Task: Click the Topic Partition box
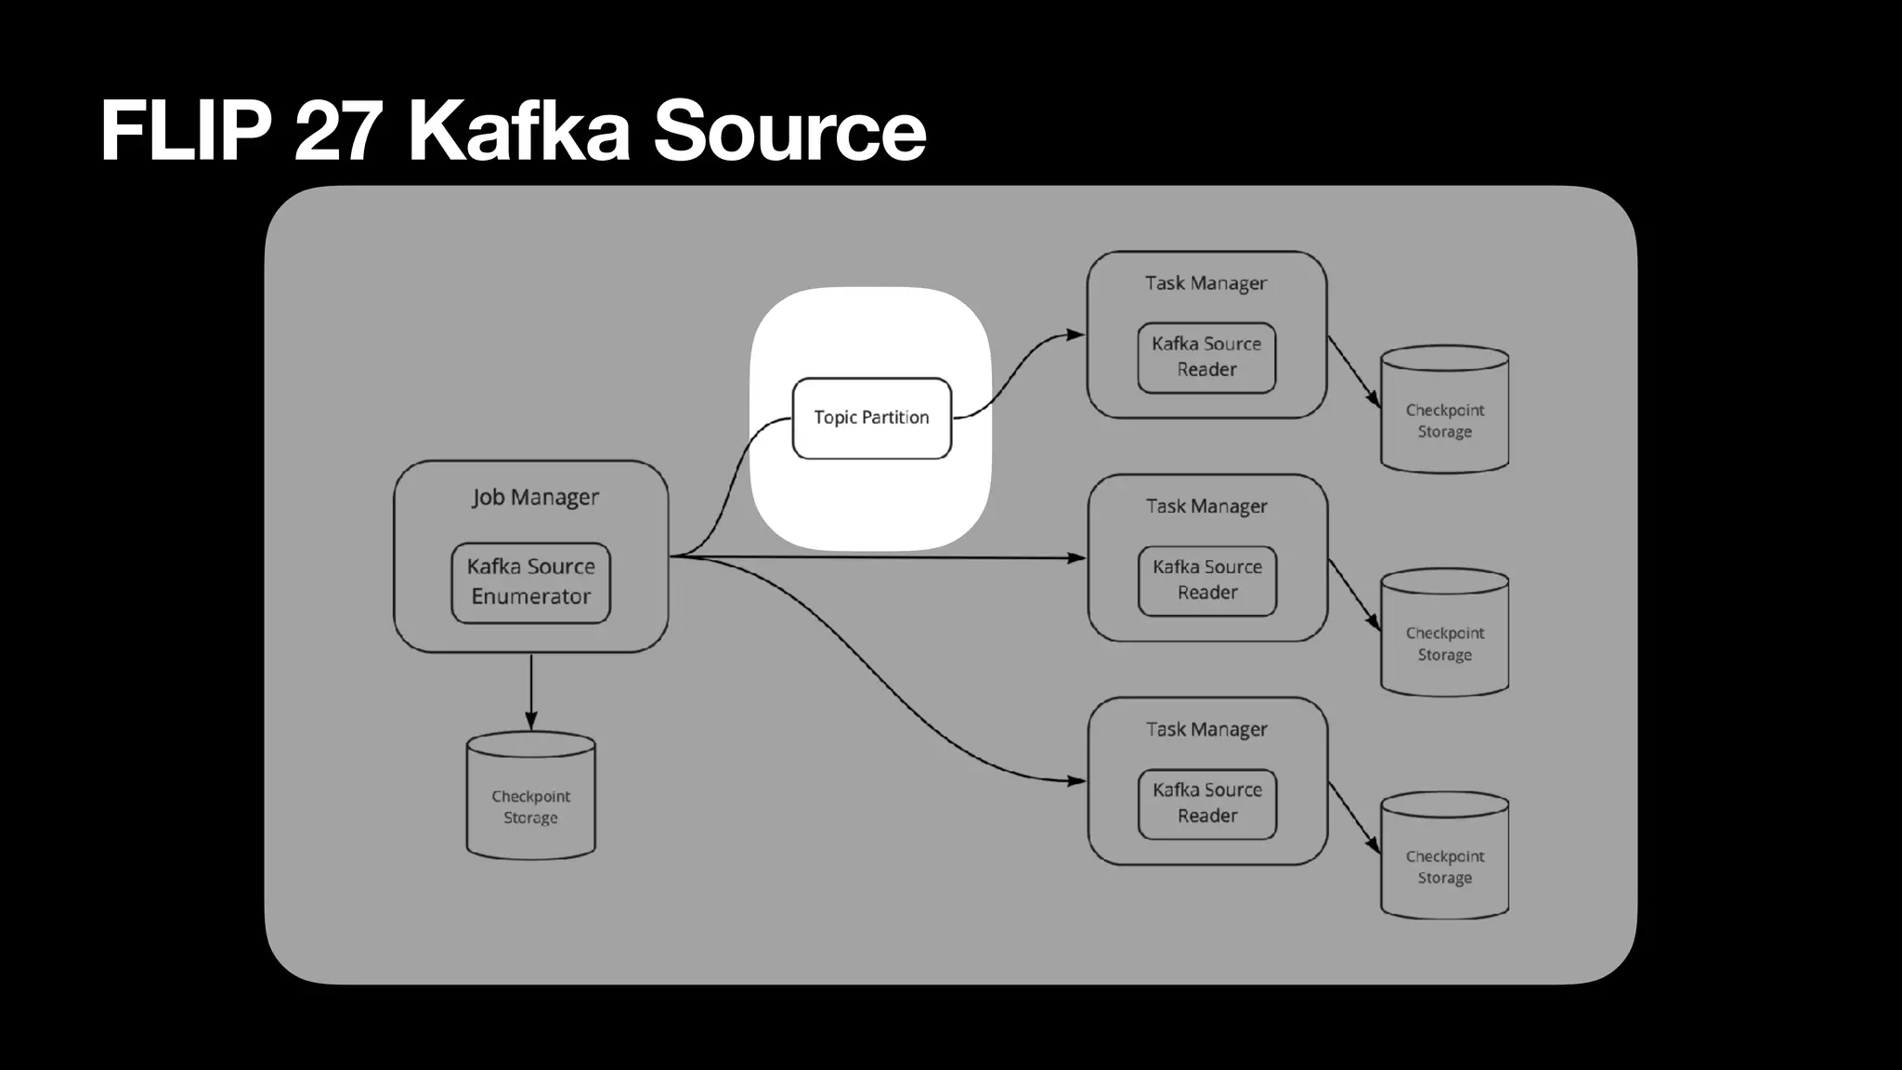coord(871,418)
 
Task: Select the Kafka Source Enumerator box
coord(530,582)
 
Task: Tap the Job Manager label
coord(535,497)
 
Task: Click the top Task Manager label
coord(1205,283)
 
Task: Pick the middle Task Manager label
coord(1206,506)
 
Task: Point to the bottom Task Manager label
coord(1206,729)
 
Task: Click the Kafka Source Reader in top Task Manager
coord(1206,358)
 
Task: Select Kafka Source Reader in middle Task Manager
coord(1207,581)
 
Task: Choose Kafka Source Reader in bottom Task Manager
coord(1207,803)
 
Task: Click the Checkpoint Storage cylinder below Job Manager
coord(530,797)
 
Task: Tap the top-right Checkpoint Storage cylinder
coord(1444,411)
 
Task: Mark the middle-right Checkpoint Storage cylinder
coord(1444,633)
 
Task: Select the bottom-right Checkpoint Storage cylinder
coord(1444,856)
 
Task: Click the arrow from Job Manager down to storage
coord(531,692)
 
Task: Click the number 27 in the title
coord(338,130)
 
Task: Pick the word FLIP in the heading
coord(185,130)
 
